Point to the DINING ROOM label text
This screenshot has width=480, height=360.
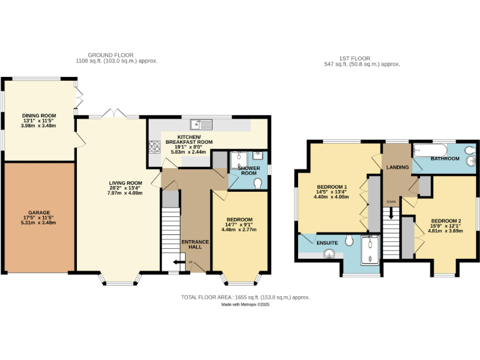coord(39,116)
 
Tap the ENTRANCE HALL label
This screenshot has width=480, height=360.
coord(195,244)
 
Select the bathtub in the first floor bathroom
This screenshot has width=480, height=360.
coord(430,151)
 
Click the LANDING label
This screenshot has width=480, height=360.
coord(397,167)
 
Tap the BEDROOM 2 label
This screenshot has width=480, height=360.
coord(446,221)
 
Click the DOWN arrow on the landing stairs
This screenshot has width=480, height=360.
coord(391,212)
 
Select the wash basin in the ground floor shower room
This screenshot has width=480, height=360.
coord(258,156)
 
